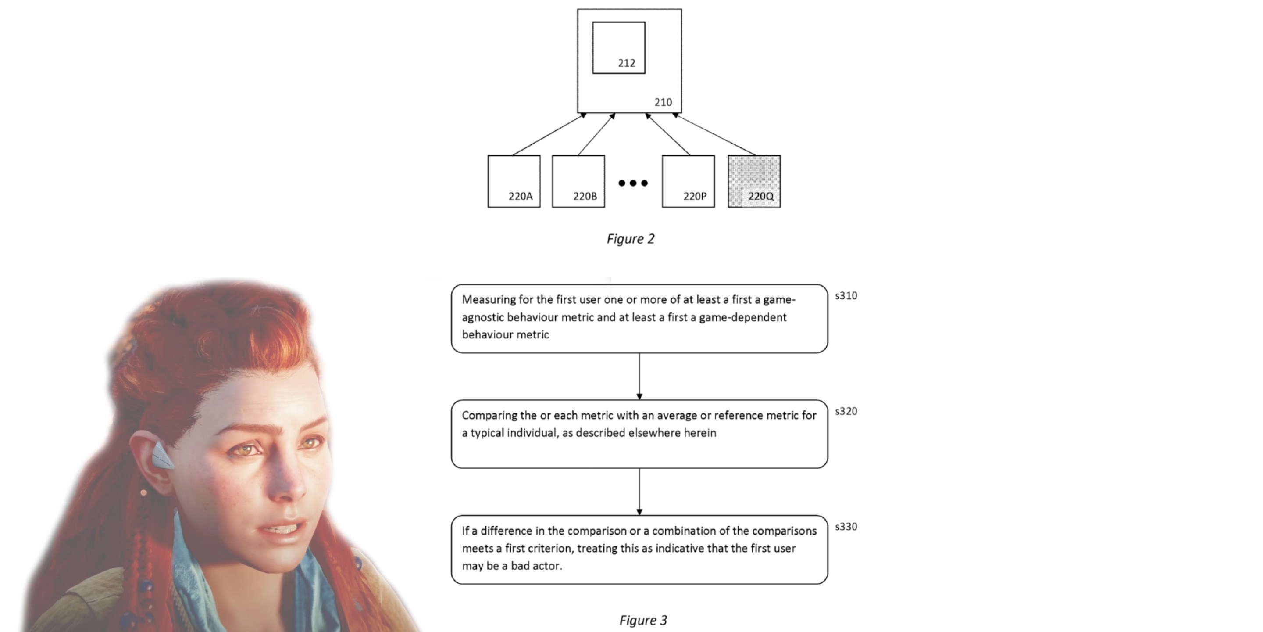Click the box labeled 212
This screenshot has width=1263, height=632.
tap(619, 47)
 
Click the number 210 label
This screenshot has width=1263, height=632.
tap(663, 102)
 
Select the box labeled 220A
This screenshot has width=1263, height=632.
tap(514, 182)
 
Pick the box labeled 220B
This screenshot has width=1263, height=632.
tap(578, 182)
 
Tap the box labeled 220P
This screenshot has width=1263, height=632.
tap(688, 182)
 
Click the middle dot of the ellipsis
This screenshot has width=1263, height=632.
tap(633, 183)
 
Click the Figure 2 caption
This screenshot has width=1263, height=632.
tap(631, 239)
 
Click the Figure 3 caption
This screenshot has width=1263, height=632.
tap(643, 620)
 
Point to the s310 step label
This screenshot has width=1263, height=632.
tap(846, 296)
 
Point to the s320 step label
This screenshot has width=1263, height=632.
tap(846, 411)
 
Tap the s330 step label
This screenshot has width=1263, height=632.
tap(846, 527)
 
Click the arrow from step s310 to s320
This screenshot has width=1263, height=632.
tap(639, 376)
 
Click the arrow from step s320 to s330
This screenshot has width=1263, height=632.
tap(639, 491)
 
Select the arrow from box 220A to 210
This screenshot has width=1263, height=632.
tap(549, 134)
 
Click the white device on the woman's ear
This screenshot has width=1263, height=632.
tap(161, 456)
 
